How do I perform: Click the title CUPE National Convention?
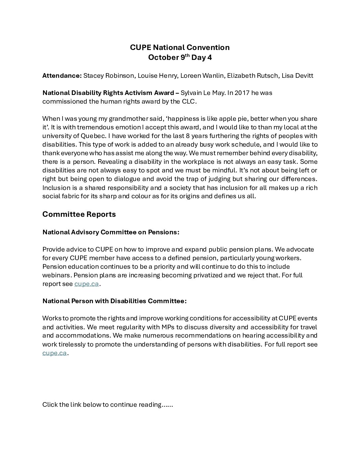[x=180, y=47]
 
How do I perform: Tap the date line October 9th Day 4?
[x=180, y=57]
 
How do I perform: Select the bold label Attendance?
[x=62, y=75]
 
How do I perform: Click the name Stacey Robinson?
[x=109, y=75]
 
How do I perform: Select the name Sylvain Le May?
[x=202, y=93]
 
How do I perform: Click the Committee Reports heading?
[x=79, y=214]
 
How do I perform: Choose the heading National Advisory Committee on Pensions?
[x=111, y=232]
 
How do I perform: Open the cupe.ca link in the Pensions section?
[x=86, y=284]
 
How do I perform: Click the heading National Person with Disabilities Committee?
[x=114, y=301]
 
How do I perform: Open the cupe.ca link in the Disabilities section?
[x=55, y=353]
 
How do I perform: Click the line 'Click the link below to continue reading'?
[x=108, y=404]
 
